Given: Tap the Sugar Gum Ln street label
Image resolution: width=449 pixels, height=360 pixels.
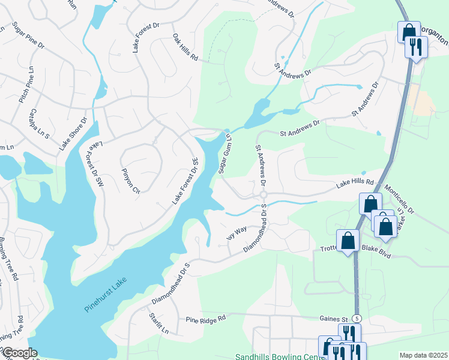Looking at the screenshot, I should click(225, 153).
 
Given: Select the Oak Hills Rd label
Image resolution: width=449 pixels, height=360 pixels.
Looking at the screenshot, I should click(185, 47).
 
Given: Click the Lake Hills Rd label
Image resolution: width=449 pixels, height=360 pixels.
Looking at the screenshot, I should click(355, 182).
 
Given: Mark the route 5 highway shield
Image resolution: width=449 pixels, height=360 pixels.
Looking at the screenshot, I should click(358, 317).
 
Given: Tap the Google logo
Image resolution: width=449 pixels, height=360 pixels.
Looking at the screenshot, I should click(19, 353).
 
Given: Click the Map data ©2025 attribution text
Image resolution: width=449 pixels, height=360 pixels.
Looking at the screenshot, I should click(422, 355).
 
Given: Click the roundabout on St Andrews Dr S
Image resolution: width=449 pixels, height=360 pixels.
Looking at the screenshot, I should click(263, 195).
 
